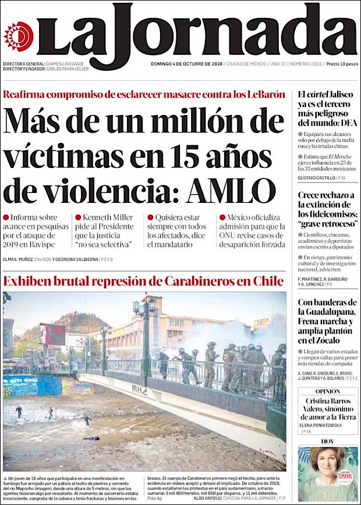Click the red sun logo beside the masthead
click(x=18, y=36)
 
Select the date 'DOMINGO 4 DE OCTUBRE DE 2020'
click(x=186, y=63)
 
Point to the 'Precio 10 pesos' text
click(x=342, y=63)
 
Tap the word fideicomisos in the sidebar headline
click(x=330, y=216)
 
